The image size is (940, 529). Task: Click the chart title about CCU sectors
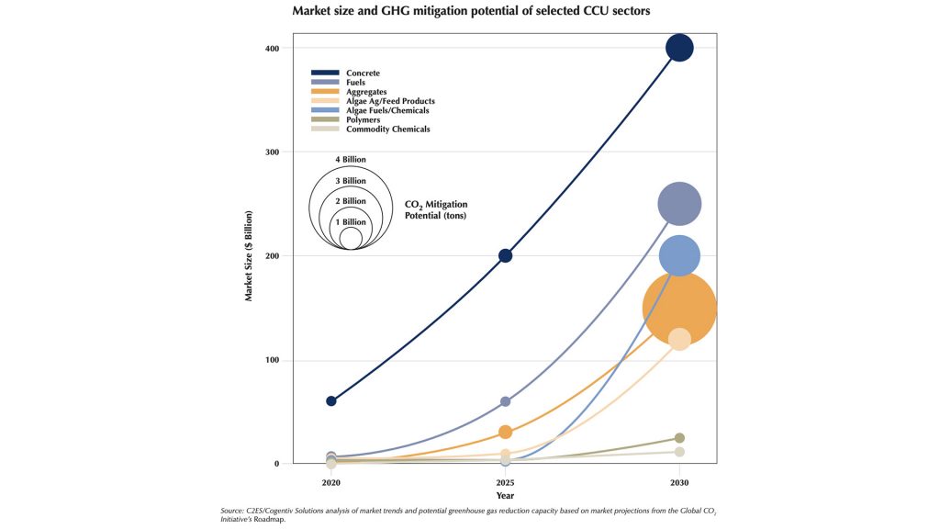tap(469, 12)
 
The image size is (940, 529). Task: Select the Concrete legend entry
tap(363, 73)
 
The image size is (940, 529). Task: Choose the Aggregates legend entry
tap(366, 92)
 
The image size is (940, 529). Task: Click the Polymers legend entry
tap(363, 119)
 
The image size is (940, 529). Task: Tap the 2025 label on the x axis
tap(505, 482)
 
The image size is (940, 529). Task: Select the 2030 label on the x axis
tap(679, 482)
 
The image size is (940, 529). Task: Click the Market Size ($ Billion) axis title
tap(249, 255)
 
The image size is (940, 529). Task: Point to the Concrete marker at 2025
tap(505, 255)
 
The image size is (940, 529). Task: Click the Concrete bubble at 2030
tap(679, 48)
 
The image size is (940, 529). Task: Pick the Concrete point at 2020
tap(330, 401)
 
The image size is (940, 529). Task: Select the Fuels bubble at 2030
tap(679, 204)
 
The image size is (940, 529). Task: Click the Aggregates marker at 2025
tap(505, 432)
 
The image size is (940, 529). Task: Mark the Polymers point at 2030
tap(679, 438)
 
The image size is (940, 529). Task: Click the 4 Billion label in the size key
tap(351, 160)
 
